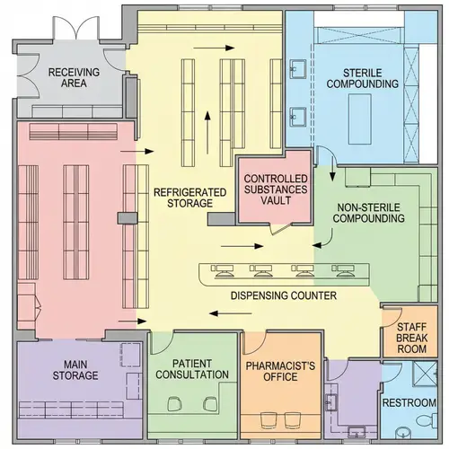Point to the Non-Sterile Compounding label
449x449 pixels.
tap(368, 212)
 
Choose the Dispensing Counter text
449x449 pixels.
tap(284, 295)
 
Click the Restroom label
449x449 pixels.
tap(409, 403)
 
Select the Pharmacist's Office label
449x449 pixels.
tap(283, 371)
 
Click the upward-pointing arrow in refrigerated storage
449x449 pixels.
tap(208, 121)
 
